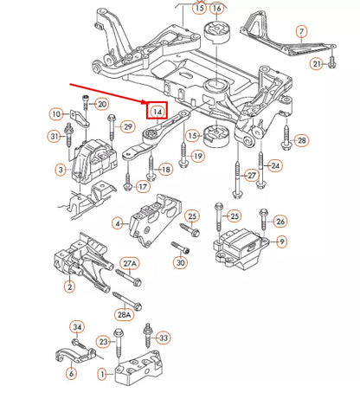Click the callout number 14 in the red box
157,111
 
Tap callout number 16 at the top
216,10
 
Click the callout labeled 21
318,65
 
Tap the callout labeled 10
80,114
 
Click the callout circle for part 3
60,171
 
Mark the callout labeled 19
197,157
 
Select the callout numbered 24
275,165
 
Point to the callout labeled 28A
125,317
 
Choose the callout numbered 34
78,327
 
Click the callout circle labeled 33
164,338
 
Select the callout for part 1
102,375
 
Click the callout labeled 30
180,263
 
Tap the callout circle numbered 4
118,223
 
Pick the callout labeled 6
71,374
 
